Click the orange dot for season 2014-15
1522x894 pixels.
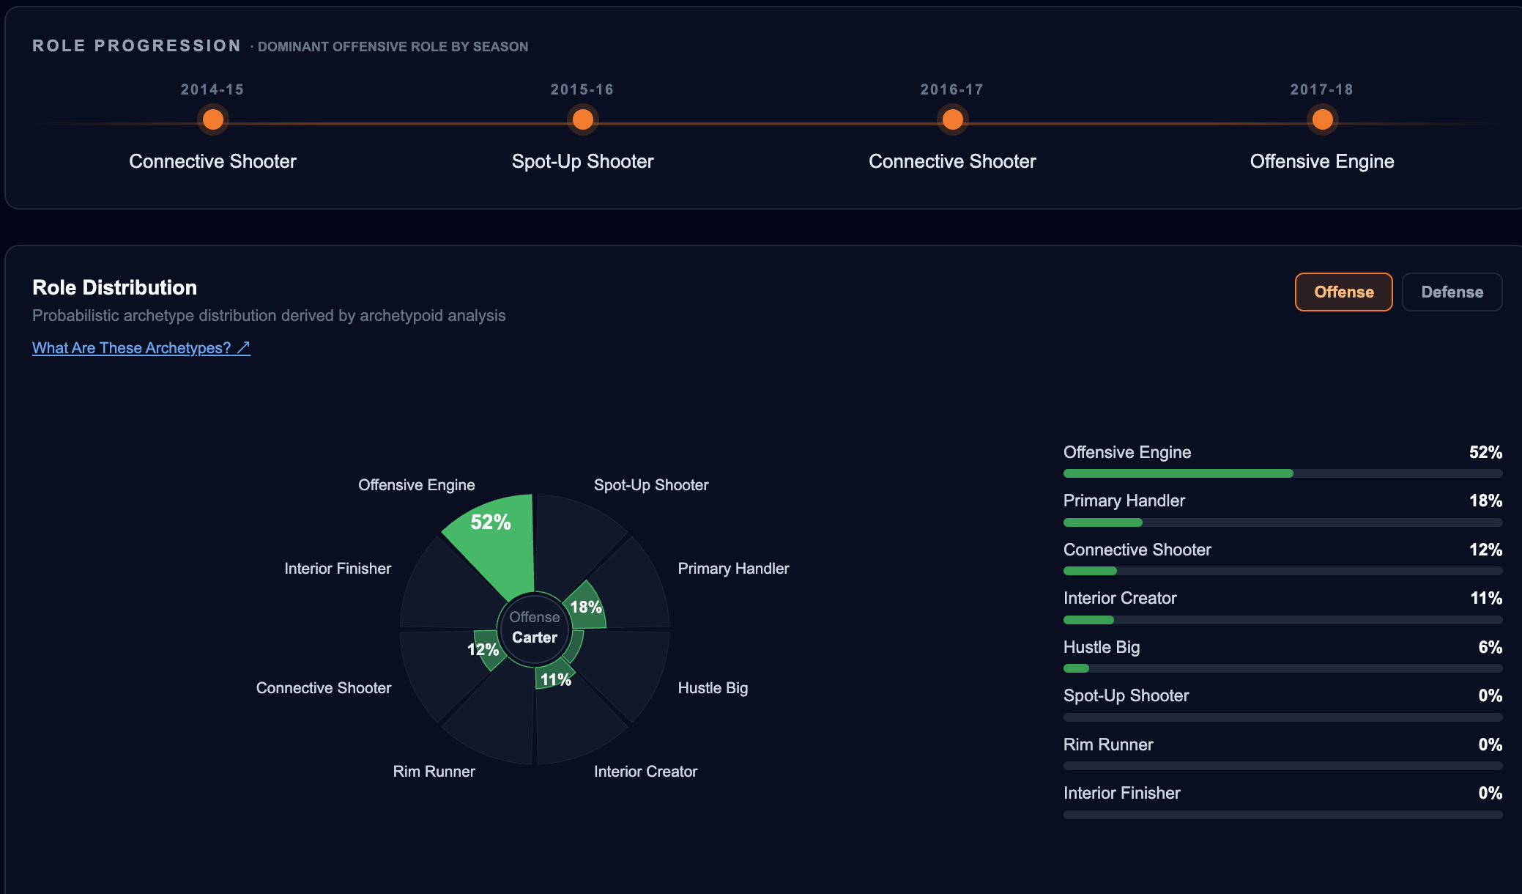(213, 119)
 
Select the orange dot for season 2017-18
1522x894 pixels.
(1322, 119)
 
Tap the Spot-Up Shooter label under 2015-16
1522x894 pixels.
(582, 161)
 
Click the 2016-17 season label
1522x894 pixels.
(952, 89)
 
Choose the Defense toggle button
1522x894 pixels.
(1452, 292)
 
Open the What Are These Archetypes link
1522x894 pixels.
(141, 347)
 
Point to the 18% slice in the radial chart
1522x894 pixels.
(586, 607)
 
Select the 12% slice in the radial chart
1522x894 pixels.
(487, 649)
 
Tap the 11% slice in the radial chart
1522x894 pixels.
(554, 676)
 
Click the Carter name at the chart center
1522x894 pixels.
(535, 638)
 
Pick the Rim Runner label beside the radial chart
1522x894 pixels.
(434, 771)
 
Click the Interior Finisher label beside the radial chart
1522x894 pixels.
(338, 568)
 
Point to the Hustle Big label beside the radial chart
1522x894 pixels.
(713, 687)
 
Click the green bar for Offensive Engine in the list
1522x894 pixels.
(1178, 473)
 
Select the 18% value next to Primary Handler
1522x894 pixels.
(1485, 500)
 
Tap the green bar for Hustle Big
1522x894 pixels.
(1076, 668)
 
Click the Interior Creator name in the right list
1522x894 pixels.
(1120, 598)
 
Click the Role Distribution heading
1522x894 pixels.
(115, 287)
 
